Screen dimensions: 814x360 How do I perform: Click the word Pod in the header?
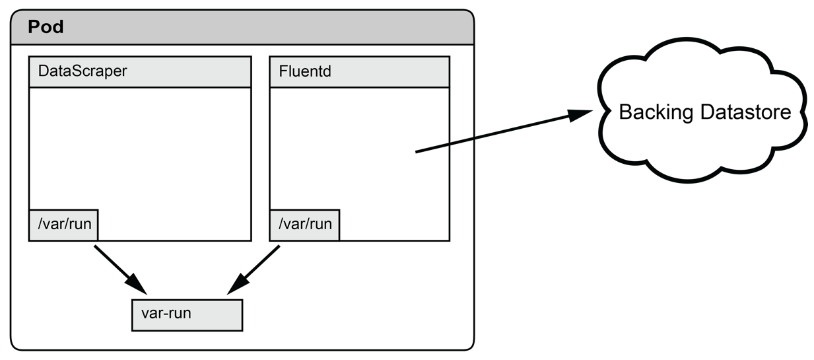[46, 27]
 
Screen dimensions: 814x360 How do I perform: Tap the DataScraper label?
[83, 71]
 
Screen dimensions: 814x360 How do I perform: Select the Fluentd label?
[305, 71]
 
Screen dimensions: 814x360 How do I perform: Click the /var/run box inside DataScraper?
[63, 225]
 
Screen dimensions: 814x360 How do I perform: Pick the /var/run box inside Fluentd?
[304, 225]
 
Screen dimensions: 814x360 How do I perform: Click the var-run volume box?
[187, 315]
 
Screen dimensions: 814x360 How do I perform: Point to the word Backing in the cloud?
[656, 112]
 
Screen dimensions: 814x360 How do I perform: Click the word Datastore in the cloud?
[746, 112]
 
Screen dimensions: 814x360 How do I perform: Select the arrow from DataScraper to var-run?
[121, 270]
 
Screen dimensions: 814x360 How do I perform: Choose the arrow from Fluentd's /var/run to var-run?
[254, 270]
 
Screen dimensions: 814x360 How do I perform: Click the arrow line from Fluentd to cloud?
[504, 131]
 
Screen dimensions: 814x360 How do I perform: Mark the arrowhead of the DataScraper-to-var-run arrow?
[137, 284]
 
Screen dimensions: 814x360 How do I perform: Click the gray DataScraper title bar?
[140, 71]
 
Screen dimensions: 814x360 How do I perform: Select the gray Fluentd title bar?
[359, 71]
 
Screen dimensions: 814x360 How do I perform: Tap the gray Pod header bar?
[242, 27]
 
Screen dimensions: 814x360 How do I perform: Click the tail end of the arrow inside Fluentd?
[416, 152]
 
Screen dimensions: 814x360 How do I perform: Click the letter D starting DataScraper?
[44, 71]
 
